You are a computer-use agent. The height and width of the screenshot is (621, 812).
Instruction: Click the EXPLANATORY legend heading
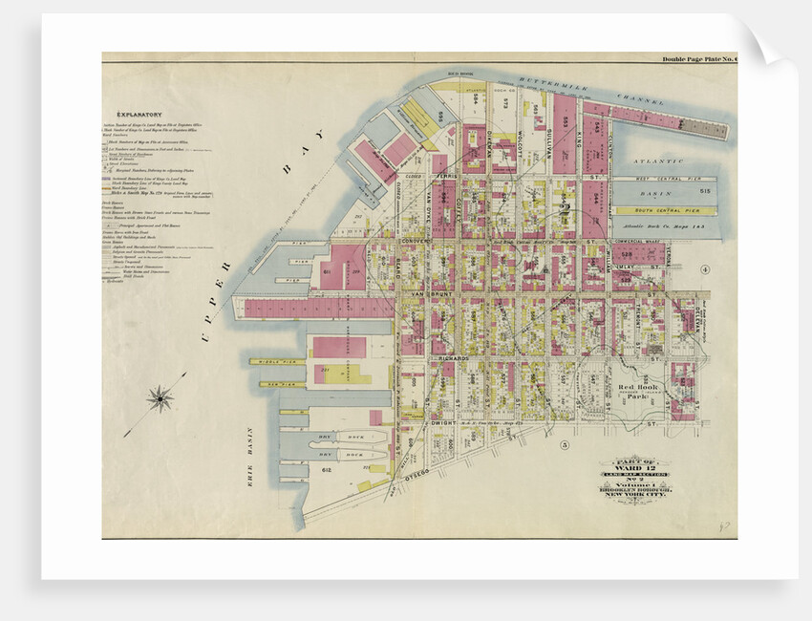pyautogui.click(x=140, y=114)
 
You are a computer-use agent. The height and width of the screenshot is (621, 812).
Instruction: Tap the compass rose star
pyautogui.click(x=160, y=396)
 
